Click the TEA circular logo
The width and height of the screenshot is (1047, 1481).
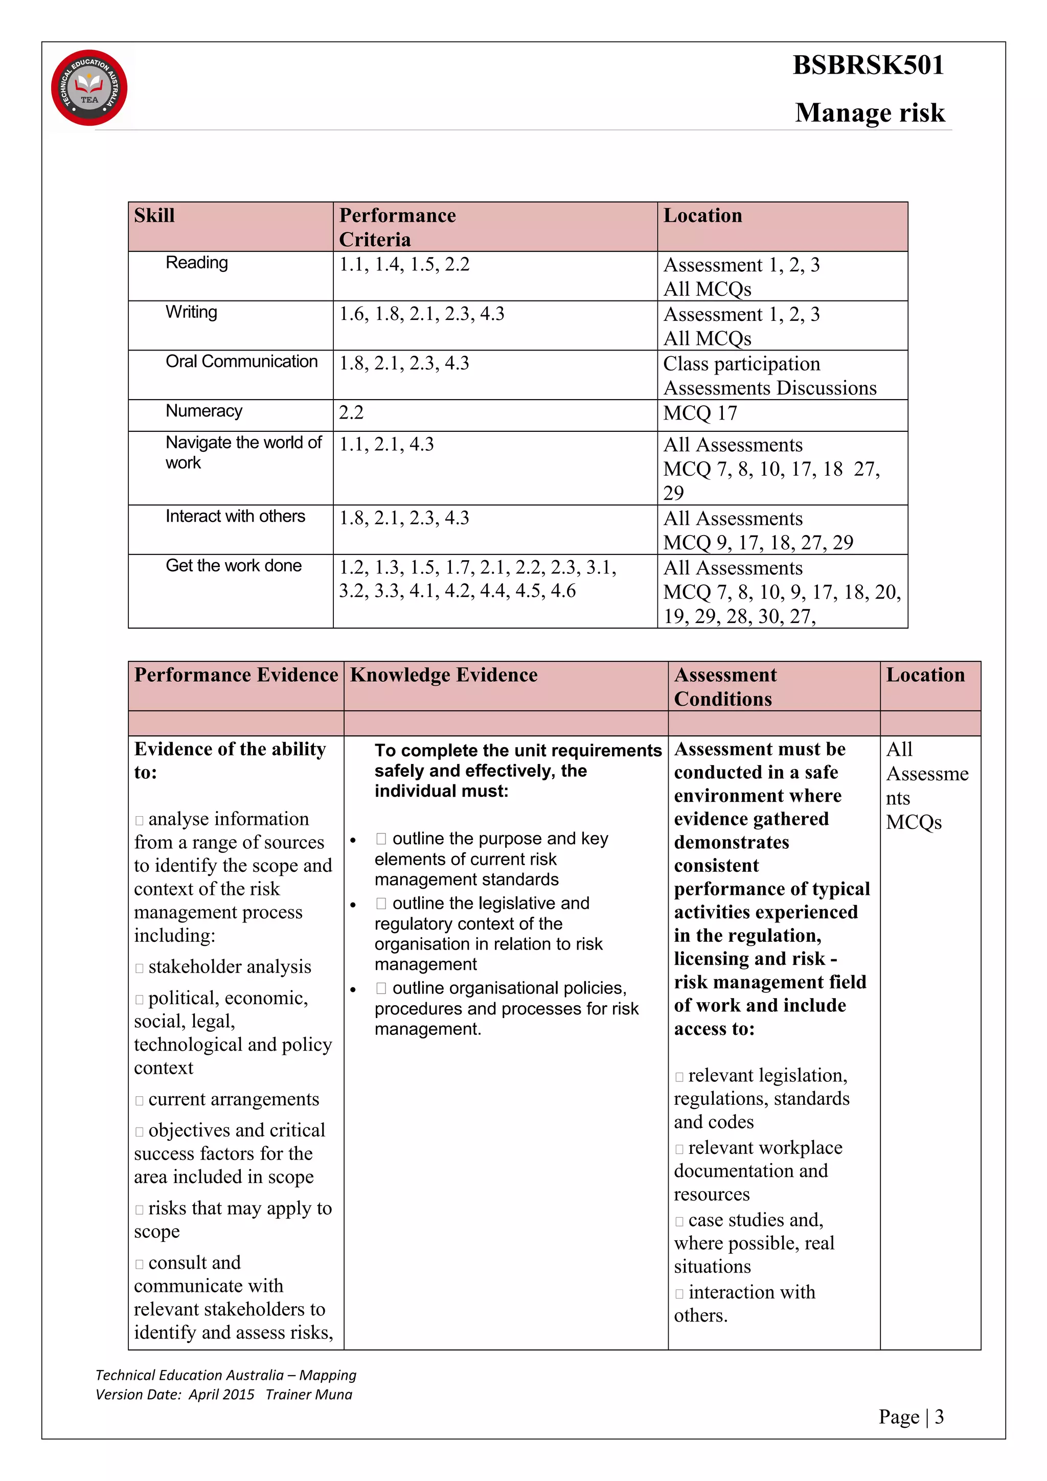point(89,88)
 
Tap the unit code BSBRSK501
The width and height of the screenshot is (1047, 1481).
point(868,65)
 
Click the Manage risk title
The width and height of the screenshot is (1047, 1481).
point(869,113)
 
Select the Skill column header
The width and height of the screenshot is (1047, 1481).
point(154,216)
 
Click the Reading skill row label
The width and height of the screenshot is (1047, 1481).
point(197,263)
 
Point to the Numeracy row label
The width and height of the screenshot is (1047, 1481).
point(204,411)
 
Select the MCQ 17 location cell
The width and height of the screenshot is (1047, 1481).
point(700,413)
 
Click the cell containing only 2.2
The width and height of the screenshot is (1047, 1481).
point(352,413)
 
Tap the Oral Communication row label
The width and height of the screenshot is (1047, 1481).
point(241,361)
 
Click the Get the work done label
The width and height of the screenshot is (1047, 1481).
point(234,566)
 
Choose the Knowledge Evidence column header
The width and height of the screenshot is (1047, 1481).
point(443,676)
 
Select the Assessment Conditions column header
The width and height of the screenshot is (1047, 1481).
point(725,687)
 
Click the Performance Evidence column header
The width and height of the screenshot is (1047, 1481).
point(236,676)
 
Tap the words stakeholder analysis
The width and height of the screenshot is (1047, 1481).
point(229,967)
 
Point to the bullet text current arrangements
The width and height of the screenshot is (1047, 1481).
point(233,1099)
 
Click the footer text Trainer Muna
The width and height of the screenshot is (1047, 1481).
point(308,1395)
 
